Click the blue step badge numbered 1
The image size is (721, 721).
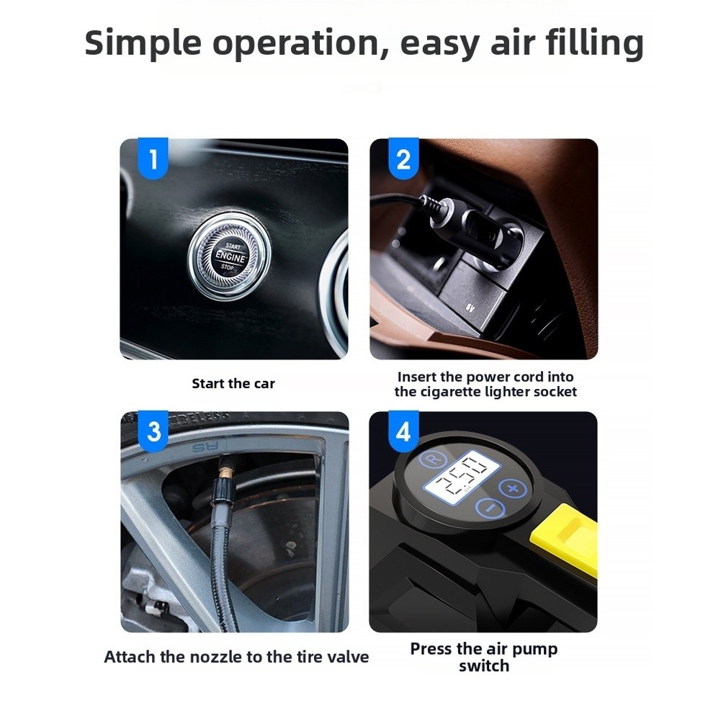153,158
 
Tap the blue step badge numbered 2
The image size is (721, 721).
403,158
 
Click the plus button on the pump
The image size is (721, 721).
513,488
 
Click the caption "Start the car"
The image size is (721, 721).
233,383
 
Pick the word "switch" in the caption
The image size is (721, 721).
484,666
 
